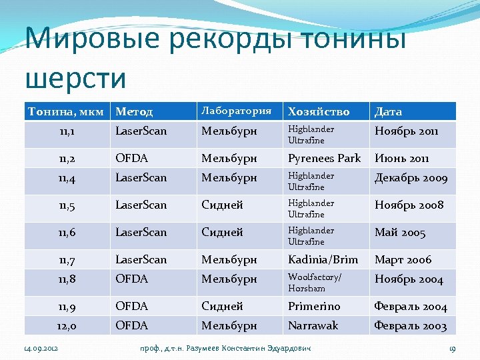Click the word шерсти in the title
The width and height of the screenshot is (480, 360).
click(x=75, y=78)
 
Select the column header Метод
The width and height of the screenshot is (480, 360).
click(x=134, y=111)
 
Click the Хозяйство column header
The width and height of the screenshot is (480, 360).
click(x=318, y=111)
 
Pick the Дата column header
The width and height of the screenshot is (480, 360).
click(x=388, y=111)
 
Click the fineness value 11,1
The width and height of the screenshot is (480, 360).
click(x=66, y=131)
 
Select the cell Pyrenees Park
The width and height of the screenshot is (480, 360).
click(x=324, y=158)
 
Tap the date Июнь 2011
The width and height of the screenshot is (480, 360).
click(x=402, y=159)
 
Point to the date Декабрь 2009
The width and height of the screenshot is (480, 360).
click(x=411, y=178)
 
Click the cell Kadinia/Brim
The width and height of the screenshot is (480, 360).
click(x=323, y=259)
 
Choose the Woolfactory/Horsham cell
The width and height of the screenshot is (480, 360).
click(x=314, y=282)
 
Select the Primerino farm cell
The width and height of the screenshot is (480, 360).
click(x=314, y=306)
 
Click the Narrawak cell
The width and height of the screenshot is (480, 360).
click(x=313, y=325)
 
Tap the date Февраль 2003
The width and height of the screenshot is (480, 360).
click(x=411, y=326)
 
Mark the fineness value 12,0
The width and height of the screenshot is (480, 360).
click(x=66, y=326)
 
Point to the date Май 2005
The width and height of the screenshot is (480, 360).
click(x=400, y=233)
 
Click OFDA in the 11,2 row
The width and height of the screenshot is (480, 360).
click(x=131, y=158)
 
